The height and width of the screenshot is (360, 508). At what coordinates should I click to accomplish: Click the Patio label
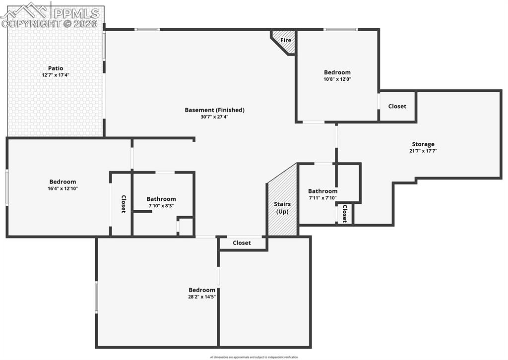pyautogui.click(x=56, y=68)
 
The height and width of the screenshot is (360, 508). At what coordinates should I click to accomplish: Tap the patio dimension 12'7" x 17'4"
pyautogui.click(x=56, y=75)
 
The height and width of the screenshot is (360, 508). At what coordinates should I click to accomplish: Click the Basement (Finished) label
pyautogui.click(x=214, y=110)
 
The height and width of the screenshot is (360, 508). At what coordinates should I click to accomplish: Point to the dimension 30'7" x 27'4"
pyautogui.click(x=214, y=117)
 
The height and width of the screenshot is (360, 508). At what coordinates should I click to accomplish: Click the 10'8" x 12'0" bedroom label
pyautogui.click(x=337, y=72)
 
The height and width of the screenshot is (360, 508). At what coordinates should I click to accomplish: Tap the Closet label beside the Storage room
pyautogui.click(x=397, y=106)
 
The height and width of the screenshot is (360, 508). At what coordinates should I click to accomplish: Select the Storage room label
pyautogui.click(x=423, y=144)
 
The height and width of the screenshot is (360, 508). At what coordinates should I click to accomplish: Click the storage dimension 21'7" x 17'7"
pyautogui.click(x=423, y=151)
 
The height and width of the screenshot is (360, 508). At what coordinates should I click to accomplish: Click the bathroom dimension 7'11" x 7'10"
pyautogui.click(x=322, y=198)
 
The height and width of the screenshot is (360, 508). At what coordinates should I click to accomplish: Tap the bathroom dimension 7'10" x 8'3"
pyautogui.click(x=161, y=206)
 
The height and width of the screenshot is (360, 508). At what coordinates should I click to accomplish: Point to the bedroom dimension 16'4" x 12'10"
pyautogui.click(x=63, y=188)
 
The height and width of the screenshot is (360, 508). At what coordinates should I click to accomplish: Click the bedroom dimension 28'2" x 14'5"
pyautogui.click(x=202, y=297)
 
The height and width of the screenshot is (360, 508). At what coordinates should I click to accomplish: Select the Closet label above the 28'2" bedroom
pyautogui.click(x=242, y=243)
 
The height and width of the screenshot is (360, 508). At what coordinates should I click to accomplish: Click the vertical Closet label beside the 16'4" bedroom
pyautogui.click(x=124, y=204)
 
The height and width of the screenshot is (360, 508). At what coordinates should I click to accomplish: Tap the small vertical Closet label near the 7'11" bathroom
pyautogui.click(x=344, y=214)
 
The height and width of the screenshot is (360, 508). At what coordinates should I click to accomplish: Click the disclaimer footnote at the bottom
pyautogui.click(x=254, y=357)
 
